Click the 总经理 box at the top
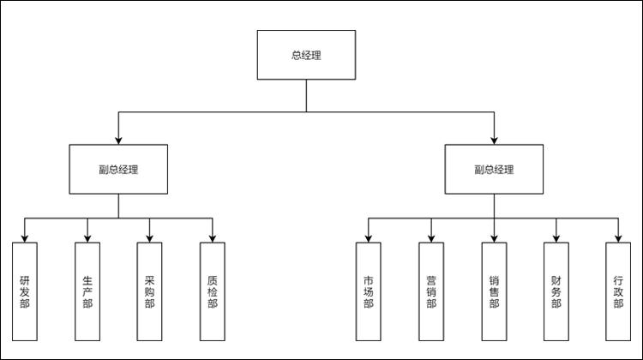306,56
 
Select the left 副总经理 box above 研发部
118,169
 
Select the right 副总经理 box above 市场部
494,169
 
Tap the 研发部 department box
25,291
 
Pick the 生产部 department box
87,291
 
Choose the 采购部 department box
150,291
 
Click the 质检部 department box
213,291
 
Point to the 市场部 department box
369,291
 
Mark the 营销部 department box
431,291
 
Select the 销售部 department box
494,291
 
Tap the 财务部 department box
556,291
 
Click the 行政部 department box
618,291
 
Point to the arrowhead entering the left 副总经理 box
118,140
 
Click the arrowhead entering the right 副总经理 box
494,140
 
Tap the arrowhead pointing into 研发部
25,238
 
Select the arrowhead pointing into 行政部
618,238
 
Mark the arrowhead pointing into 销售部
494,238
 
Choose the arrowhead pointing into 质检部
213,238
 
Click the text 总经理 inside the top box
306,56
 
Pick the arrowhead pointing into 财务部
556,238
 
